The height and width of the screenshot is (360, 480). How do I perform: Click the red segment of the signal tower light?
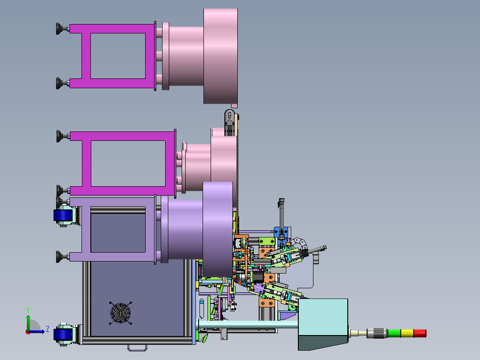tap(420, 333)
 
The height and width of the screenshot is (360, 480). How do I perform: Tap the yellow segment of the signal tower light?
tap(407, 333)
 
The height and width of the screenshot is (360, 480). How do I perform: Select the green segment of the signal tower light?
tap(394, 333)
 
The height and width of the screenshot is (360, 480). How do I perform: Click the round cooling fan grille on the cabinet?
tap(121, 314)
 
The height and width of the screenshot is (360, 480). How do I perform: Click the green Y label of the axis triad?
tap(28, 309)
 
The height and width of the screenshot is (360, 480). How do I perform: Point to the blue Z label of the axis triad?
tap(48, 329)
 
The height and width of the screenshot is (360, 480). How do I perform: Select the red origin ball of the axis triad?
tap(28, 331)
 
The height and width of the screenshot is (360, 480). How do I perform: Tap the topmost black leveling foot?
tap(59, 29)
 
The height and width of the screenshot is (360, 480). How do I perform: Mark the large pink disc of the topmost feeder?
tap(221, 56)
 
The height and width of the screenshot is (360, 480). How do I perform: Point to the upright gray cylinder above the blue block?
tap(281, 213)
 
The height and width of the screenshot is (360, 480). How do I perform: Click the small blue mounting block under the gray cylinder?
tap(282, 233)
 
